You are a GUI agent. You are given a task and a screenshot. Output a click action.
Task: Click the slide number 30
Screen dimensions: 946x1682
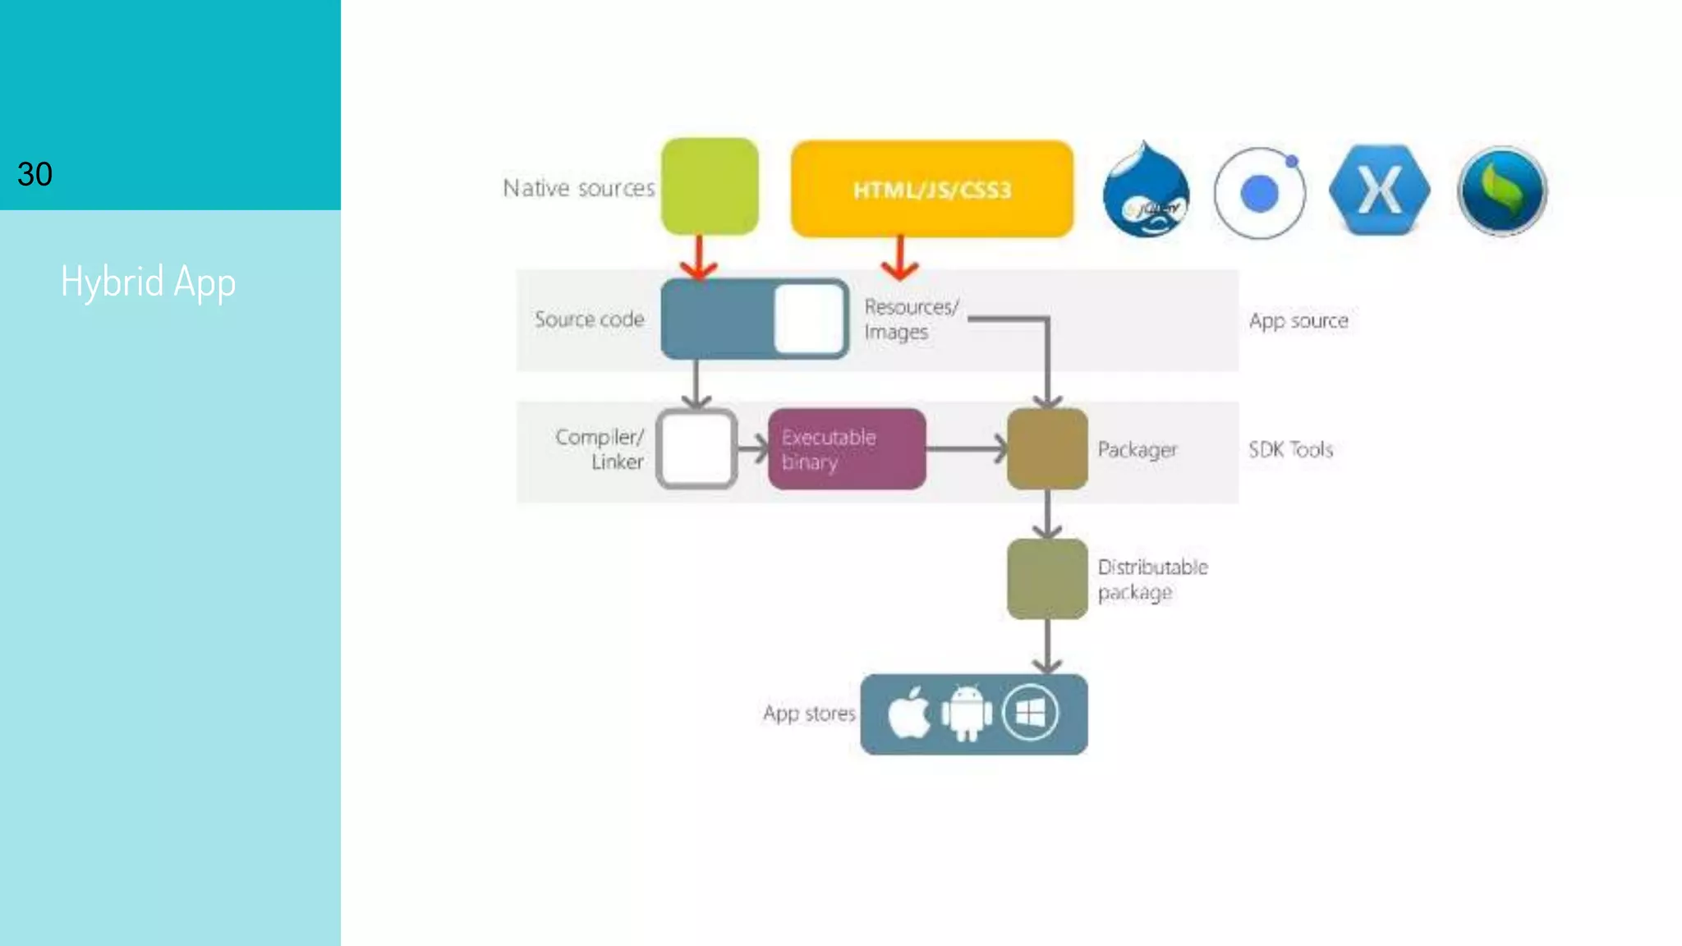(34, 174)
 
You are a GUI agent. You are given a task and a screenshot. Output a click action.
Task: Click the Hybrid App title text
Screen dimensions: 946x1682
(149, 282)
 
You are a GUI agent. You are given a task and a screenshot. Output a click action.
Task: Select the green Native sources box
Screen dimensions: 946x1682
(710, 186)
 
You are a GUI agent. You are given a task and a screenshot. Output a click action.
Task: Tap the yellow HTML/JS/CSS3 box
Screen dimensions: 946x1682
(931, 190)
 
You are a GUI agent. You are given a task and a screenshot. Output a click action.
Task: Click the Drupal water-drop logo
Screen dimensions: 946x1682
(1146, 191)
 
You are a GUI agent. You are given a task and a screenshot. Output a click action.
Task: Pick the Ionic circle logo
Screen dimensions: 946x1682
(1259, 194)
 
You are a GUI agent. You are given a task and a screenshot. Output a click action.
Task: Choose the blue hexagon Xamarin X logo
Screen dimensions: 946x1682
(1380, 191)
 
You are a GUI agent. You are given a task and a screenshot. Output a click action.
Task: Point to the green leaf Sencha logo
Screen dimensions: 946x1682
(1502, 191)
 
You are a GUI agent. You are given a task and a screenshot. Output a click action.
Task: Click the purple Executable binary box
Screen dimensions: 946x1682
(847, 449)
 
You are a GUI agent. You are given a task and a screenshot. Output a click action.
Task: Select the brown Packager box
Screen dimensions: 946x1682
(1047, 449)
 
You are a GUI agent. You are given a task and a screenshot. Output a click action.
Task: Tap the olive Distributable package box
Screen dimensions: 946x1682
(1047, 579)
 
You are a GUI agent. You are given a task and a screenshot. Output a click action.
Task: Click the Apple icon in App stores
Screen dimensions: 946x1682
(908, 713)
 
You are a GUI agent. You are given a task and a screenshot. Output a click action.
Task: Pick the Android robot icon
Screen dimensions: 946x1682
(967, 713)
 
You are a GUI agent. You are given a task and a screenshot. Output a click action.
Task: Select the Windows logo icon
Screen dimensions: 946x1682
(1030, 713)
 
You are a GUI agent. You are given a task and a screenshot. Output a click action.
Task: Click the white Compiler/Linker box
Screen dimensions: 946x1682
(696, 449)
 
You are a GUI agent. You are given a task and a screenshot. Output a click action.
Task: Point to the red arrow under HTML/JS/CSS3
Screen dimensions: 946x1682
(900, 258)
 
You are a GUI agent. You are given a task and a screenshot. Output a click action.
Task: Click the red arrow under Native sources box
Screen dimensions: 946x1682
(699, 258)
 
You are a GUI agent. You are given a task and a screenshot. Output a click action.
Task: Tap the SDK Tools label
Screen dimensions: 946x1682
(1290, 449)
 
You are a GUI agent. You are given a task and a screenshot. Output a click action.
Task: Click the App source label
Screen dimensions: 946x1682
(1298, 320)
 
